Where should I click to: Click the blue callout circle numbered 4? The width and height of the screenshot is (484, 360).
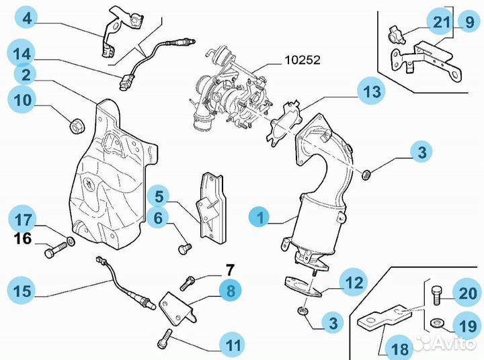pyautogui.click(x=26, y=18)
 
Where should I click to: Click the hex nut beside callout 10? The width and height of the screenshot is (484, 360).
pyautogui.click(x=77, y=124)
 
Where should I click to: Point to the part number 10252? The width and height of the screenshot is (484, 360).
pyautogui.click(x=301, y=60)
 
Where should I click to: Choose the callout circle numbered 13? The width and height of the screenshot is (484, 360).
pyautogui.click(x=372, y=92)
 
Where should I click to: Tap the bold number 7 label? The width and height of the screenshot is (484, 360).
pyautogui.click(x=229, y=271)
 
